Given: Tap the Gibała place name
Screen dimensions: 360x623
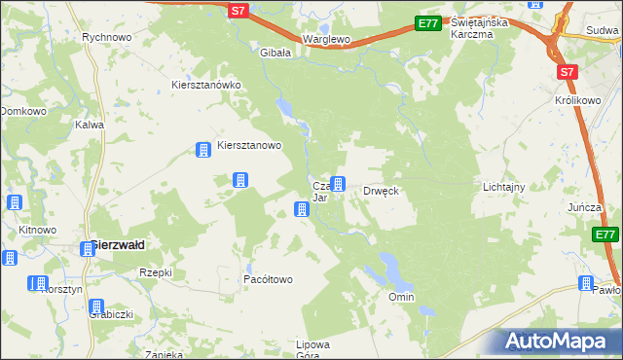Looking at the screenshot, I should pyautogui.click(x=275, y=53).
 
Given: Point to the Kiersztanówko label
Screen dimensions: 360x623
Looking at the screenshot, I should pyautogui.click(x=205, y=85).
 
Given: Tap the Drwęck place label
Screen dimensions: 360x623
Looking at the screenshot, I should pyautogui.click(x=382, y=191).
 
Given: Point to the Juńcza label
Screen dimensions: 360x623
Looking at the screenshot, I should pyautogui.click(x=587, y=208).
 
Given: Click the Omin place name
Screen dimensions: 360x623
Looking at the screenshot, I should pyautogui.click(x=401, y=297).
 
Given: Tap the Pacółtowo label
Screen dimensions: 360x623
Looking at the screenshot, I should pyautogui.click(x=268, y=279).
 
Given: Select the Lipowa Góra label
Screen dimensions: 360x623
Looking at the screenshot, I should pyautogui.click(x=313, y=350).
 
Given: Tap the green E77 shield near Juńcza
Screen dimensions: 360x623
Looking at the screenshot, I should pyautogui.click(x=605, y=234).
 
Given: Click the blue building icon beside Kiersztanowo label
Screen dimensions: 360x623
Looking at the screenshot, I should pyautogui.click(x=203, y=150).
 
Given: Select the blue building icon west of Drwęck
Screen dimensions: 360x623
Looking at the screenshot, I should pyautogui.click(x=338, y=183).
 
